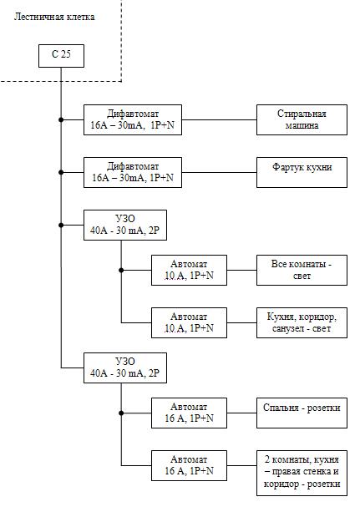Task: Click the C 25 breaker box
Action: (62, 56)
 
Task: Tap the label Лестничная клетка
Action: (54, 17)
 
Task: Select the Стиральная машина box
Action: (302, 119)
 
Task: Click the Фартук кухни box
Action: (302, 172)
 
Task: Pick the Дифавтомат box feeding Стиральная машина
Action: (133, 119)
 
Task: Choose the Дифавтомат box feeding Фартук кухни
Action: (133, 172)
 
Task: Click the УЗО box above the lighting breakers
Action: (125, 225)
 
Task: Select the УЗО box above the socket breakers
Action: (125, 368)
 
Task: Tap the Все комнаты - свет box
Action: (302, 270)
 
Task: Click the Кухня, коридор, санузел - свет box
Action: (302, 322)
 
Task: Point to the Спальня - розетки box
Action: (302, 413)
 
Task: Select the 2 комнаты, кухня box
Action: (302, 473)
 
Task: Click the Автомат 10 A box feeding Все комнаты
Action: (189, 270)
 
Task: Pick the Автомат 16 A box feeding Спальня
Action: (189, 413)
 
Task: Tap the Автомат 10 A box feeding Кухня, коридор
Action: (189, 322)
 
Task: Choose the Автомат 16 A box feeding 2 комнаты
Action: (189, 465)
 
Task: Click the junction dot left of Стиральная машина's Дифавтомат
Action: (61, 119)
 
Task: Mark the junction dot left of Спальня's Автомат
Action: (121, 413)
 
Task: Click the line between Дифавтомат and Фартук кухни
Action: (219, 172)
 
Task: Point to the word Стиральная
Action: (302, 114)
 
